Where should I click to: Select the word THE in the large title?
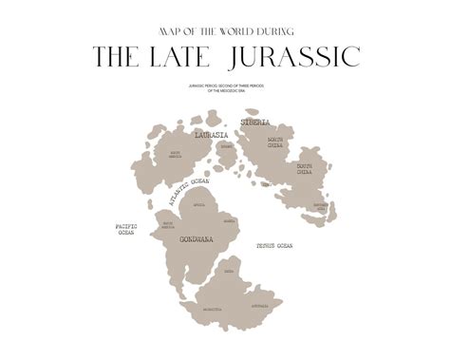[x=118, y=56]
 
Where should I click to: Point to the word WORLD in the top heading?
[x=242, y=29]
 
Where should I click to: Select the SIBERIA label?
[x=255, y=123]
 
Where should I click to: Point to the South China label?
[x=305, y=170]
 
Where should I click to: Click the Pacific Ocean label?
[x=126, y=230]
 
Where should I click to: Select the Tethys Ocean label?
[x=274, y=246]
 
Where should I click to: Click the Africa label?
[x=199, y=204]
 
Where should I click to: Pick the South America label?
[x=168, y=227]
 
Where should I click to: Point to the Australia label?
[x=258, y=306]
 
